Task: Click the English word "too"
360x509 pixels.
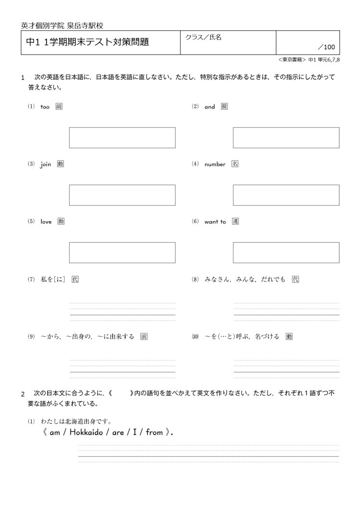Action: click(x=45, y=107)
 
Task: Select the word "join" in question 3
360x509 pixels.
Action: click(x=46, y=164)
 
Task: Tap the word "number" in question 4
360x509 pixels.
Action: click(x=215, y=164)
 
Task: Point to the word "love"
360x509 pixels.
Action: click(x=46, y=222)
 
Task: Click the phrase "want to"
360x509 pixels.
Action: click(x=215, y=222)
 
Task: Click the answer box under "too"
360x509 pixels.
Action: click(x=122, y=138)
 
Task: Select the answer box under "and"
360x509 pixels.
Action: click(x=286, y=138)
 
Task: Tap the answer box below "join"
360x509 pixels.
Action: click(x=122, y=195)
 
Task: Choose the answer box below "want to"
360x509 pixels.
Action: click(x=286, y=252)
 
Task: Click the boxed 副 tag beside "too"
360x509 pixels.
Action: click(x=59, y=107)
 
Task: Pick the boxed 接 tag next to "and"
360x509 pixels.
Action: click(x=224, y=107)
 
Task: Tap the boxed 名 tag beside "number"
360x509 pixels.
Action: click(x=235, y=164)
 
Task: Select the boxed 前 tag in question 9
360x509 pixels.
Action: click(x=144, y=336)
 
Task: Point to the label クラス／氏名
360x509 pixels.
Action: click(x=203, y=37)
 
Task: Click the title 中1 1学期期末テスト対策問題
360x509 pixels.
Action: click(x=87, y=42)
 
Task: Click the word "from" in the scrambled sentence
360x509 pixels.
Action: click(x=155, y=432)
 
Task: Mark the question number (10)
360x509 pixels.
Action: click(x=194, y=337)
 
